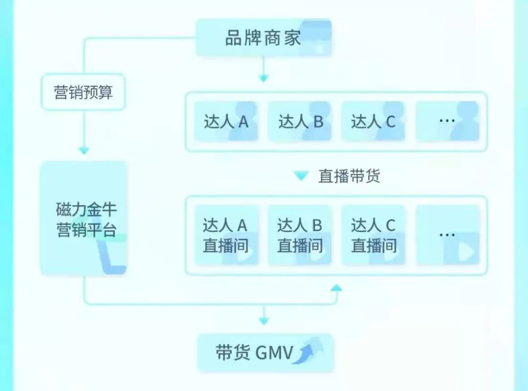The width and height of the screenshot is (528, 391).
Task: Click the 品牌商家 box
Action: (x=264, y=38)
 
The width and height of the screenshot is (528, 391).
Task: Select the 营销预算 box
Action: (x=83, y=92)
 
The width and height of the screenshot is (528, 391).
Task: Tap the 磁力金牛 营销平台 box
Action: (x=84, y=218)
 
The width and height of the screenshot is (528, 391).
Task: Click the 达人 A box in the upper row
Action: (x=226, y=121)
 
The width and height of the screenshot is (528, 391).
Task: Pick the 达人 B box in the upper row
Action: (x=300, y=121)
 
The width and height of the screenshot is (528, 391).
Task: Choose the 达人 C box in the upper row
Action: (x=373, y=121)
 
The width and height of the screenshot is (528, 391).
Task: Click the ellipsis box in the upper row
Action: (x=447, y=121)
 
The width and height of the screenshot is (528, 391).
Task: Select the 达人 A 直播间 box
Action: (x=226, y=235)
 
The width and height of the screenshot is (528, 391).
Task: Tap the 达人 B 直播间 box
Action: (x=300, y=235)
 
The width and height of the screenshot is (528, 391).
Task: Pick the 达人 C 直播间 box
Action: (x=373, y=235)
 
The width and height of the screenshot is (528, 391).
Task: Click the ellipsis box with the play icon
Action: (x=447, y=235)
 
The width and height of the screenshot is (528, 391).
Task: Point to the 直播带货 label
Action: (x=349, y=176)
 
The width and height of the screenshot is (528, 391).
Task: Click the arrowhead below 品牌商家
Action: (x=264, y=78)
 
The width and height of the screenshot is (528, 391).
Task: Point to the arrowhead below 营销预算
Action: (x=84, y=151)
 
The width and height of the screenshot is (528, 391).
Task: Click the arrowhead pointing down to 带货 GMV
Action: (x=264, y=321)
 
